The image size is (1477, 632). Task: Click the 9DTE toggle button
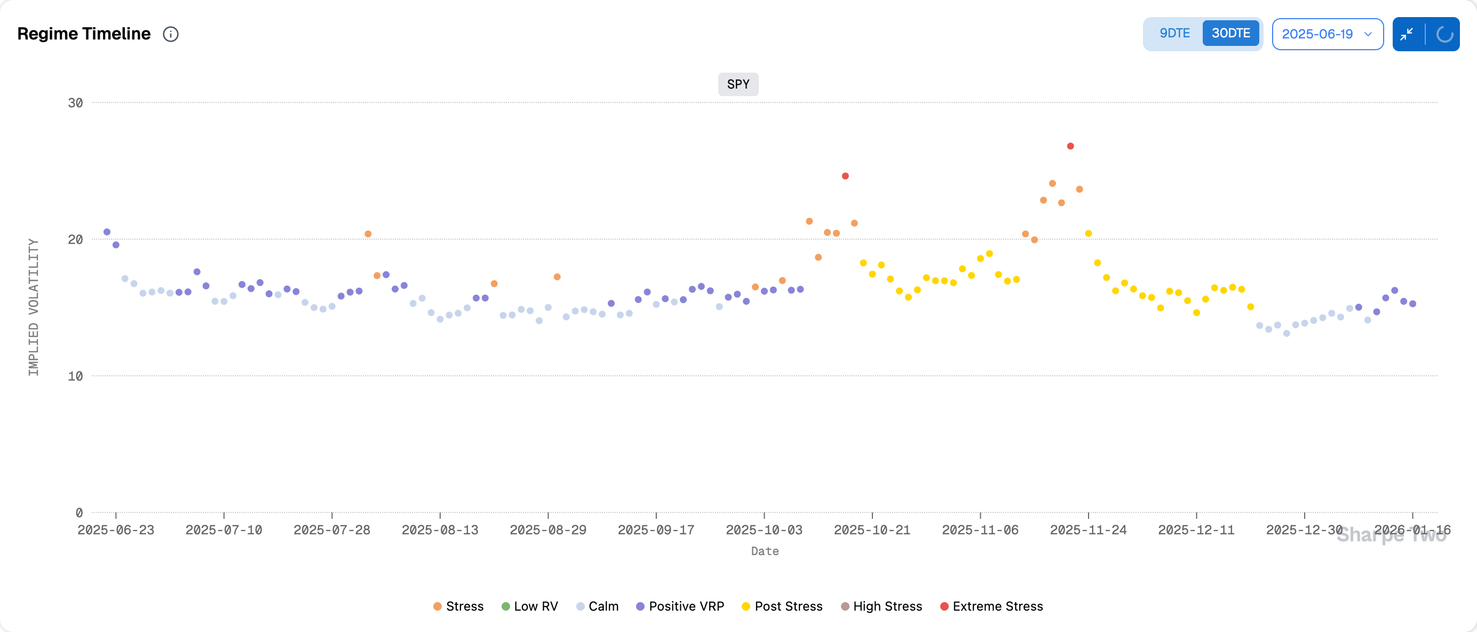click(1174, 33)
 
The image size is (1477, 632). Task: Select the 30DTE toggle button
click(1230, 33)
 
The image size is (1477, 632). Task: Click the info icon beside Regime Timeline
click(171, 34)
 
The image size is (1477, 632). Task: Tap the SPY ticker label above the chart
click(738, 84)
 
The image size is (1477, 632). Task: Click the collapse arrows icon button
click(1407, 34)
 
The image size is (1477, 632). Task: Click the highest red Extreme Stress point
click(1070, 146)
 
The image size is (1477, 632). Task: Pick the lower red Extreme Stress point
click(845, 176)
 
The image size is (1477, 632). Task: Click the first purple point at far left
click(107, 232)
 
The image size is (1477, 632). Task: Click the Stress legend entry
click(458, 606)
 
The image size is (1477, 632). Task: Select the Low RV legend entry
click(529, 606)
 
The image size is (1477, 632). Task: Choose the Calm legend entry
click(597, 606)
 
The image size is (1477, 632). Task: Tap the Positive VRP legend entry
click(680, 606)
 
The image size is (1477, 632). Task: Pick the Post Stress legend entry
click(782, 606)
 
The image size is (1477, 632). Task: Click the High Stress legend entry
click(882, 606)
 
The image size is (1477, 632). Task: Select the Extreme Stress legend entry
click(991, 606)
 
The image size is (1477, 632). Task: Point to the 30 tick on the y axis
click(75, 103)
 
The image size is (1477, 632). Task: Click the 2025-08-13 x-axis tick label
click(440, 530)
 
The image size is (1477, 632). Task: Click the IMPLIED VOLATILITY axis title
click(34, 307)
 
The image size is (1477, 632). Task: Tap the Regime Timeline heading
click(84, 34)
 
